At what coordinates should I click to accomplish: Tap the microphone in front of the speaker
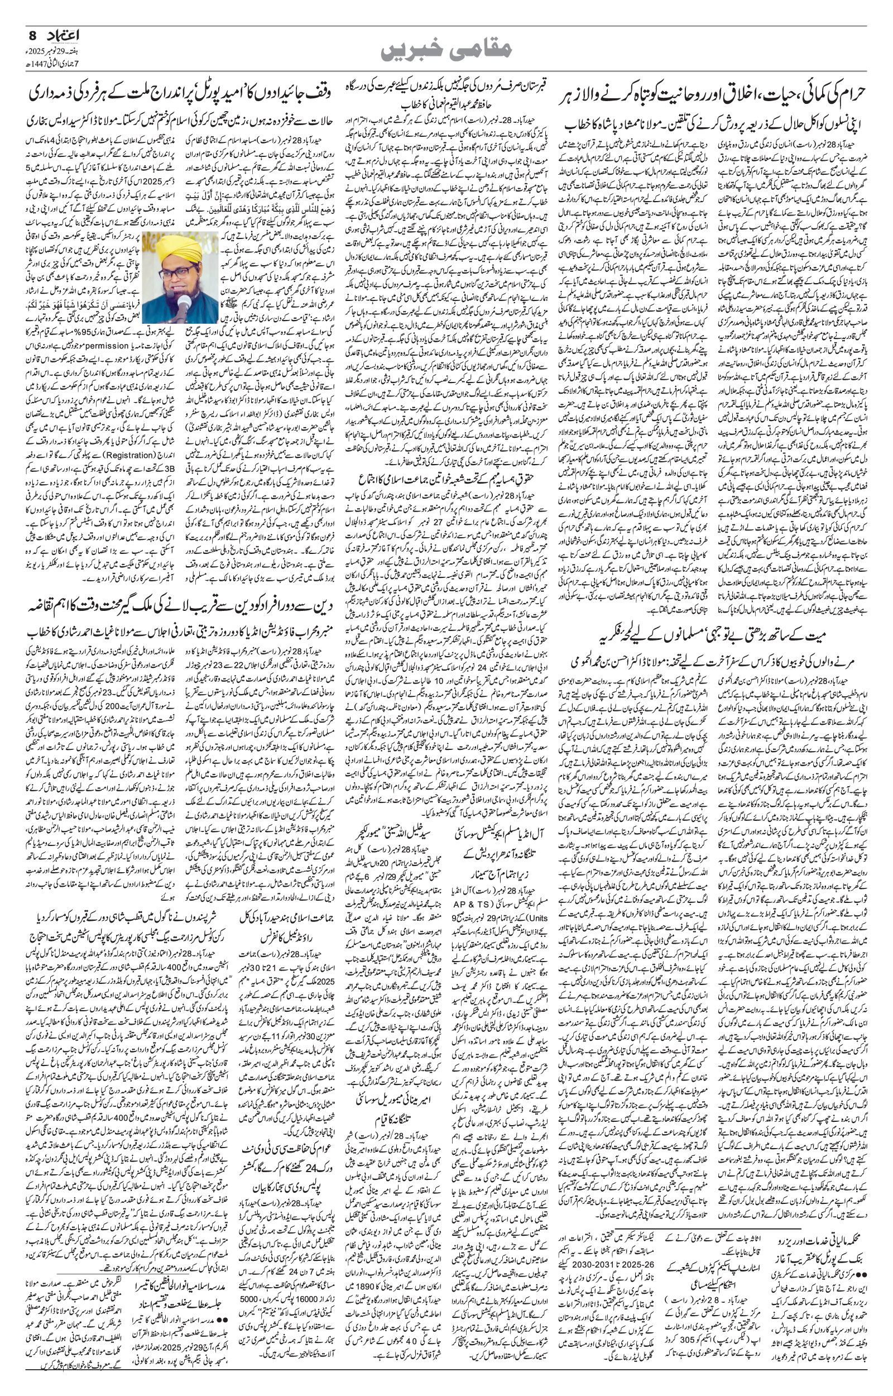[x=184, y=302]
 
